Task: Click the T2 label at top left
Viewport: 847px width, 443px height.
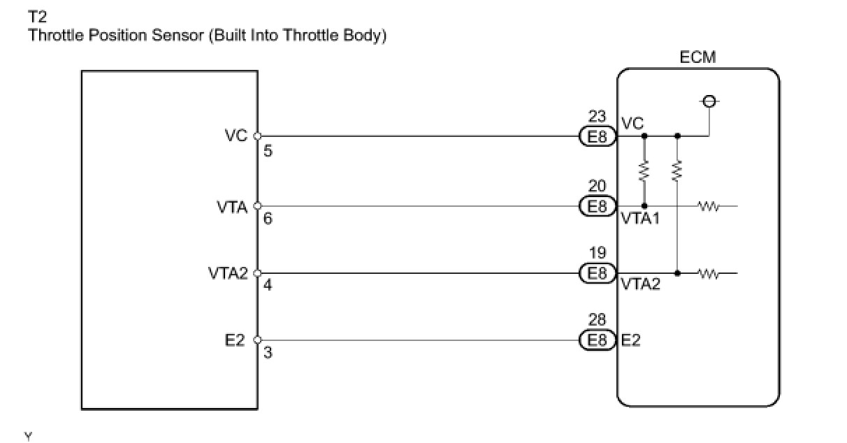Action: tap(36, 16)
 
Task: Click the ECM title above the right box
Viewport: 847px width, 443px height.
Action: tap(697, 57)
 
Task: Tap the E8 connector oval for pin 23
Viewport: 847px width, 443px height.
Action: tap(598, 137)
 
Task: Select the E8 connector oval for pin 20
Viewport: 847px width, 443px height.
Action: tap(598, 206)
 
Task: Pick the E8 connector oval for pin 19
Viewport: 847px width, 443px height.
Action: tap(598, 273)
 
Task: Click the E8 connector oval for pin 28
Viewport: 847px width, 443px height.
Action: tap(598, 340)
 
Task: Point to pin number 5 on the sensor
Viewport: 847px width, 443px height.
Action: tap(268, 150)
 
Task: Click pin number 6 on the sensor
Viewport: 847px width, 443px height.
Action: tap(268, 219)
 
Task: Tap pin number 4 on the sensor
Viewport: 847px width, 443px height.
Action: tap(268, 286)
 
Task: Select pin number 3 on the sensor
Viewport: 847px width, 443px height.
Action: tap(268, 353)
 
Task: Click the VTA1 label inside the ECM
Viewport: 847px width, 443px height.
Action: tap(640, 219)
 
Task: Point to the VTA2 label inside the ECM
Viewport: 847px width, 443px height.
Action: tap(640, 285)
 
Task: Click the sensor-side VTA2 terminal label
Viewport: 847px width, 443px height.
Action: tap(228, 273)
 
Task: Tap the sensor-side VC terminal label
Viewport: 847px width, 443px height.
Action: tap(236, 136)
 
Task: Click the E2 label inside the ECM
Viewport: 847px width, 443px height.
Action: tap(631, 340)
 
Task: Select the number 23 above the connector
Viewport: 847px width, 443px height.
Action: tap(598, 118)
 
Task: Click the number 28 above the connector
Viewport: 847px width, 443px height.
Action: tap(598, 321)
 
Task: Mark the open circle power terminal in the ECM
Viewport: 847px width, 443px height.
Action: tap(709, 102)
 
